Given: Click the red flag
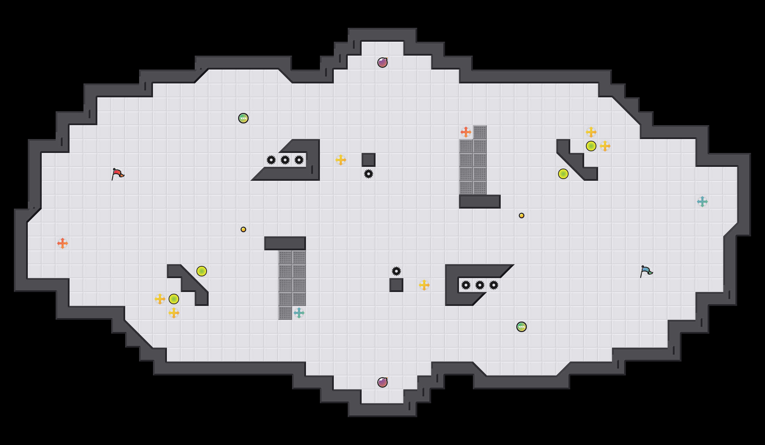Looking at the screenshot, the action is pyautogui.click(x=117, y=173).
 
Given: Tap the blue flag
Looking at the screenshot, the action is pyautogui.click(x=646, y=271).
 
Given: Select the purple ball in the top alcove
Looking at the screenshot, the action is pyautogui.click(x=382, y=63).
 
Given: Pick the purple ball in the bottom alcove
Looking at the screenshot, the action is pyautogui.click(x=382, y=382).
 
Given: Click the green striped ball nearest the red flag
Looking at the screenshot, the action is pyautogui.click(x=243, y=118).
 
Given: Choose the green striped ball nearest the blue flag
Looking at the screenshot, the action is pyautogui.click(x=522, y=327).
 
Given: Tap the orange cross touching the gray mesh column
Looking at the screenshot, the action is pyautogui.click(x=466, y=132).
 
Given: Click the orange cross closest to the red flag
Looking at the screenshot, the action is pyautogui.click(x=63, y=243).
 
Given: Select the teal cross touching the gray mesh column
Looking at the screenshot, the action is pyautogui.click(x=299, y=313).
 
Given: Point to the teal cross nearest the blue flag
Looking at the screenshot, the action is pyautogui.click(x=702, y=202).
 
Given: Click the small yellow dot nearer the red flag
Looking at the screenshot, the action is pyautogui.click(x=243, y=229).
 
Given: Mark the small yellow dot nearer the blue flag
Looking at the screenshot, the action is pyautogui.click(x=522, y=216).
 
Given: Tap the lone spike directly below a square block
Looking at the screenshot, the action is pyautogui.click(x=369, y=174).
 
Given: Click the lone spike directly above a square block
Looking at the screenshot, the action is pyautogui.click(x=396, y=271).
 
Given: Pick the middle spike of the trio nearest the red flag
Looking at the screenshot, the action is pyautogui.click(x=285, y=160).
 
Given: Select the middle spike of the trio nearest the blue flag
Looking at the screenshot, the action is pyautogui.click(x=480, y=285).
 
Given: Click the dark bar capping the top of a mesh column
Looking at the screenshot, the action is pyautogui.click(x=285, y=243).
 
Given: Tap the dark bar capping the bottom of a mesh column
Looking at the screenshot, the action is pyautogui.click(x=480, y=202).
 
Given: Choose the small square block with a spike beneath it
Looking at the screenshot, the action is pyautogui.click(x=369, y=160).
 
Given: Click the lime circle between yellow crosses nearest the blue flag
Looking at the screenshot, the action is pyautogui.click(x=591, y=146).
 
